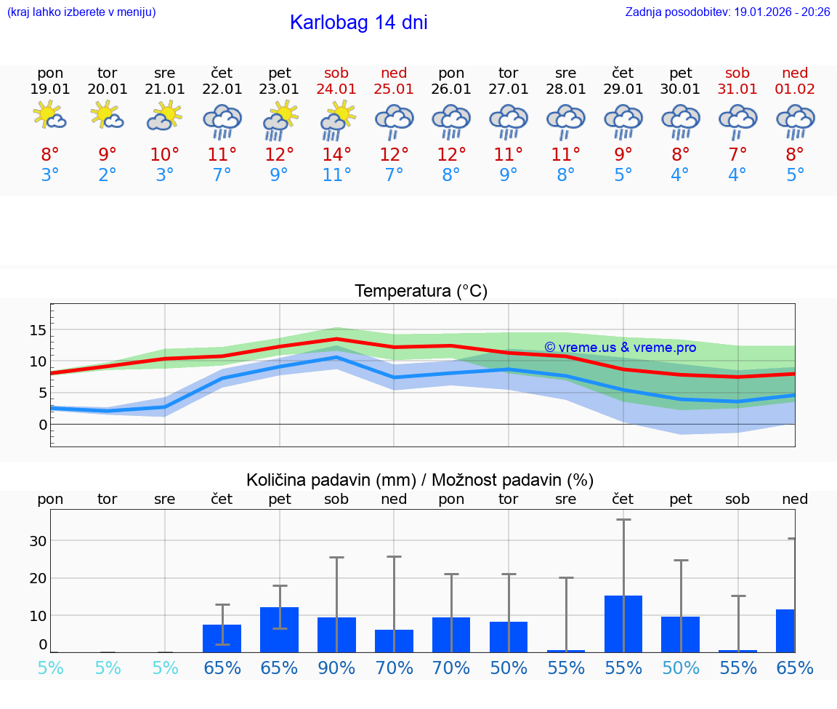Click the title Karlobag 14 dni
358,23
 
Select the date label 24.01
336,89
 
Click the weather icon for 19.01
50,116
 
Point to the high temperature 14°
336,154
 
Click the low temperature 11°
336,175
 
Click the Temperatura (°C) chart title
421,292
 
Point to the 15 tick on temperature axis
38,330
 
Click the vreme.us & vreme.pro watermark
620,348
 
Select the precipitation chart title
420,480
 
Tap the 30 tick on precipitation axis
38,541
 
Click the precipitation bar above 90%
336,635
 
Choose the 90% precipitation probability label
336,668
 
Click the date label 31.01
737,89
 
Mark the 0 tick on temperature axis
42,424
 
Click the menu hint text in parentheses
81,12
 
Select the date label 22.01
222,89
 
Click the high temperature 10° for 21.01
165,154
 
